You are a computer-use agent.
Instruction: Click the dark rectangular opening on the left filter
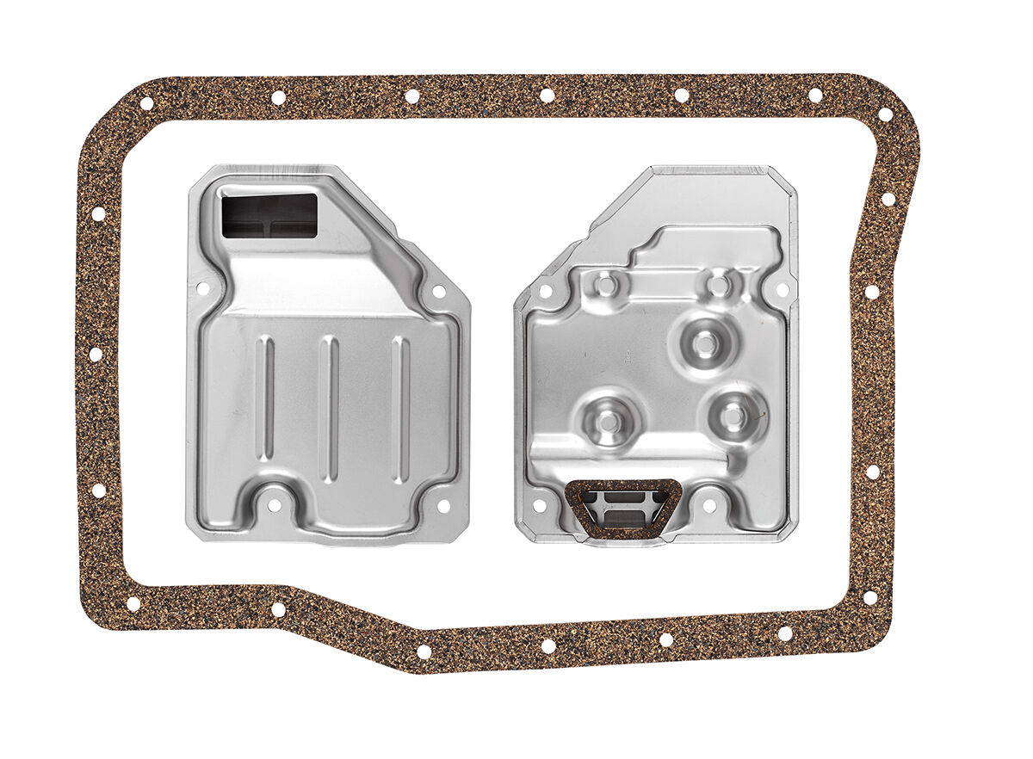pyautogui.click(x=269, y=215)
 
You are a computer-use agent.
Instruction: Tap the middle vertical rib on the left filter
pyautogui.click(x=329, y=409)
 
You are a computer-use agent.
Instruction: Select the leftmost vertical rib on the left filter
pyautogui.click(x=266, y=398)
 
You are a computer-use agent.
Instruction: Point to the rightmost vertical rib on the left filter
pyautogui.click(x=400, y=409)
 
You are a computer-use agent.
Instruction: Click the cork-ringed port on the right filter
pyautogui.click(x=622, y=509)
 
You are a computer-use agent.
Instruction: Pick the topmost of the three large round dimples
pyautogui.click(x=705, y=343)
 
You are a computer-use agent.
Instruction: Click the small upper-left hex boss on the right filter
pyautogui.click(x=606, y=284)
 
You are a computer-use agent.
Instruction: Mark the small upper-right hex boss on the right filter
pyautogui.click(x=719, y=282)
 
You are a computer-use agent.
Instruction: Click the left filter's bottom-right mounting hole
pyautogui.click(x=444, y=506)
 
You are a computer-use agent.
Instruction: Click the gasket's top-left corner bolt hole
pyautogui.click(x=146, y=103)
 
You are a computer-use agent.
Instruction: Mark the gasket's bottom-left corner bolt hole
pyautogui.click(x=133, y=603)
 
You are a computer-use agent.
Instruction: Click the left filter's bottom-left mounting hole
pyautogui.click(x=274, y=505)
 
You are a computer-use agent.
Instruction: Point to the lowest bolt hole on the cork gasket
pyautogui.click(x=424, y=651)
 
